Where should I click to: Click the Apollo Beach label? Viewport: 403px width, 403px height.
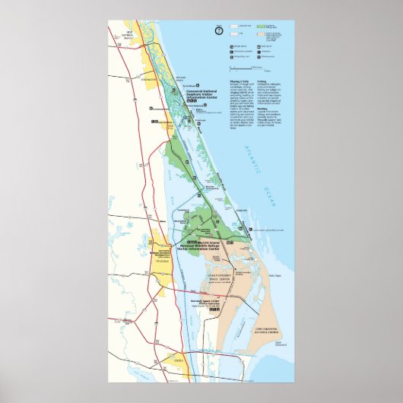point(183,78)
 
